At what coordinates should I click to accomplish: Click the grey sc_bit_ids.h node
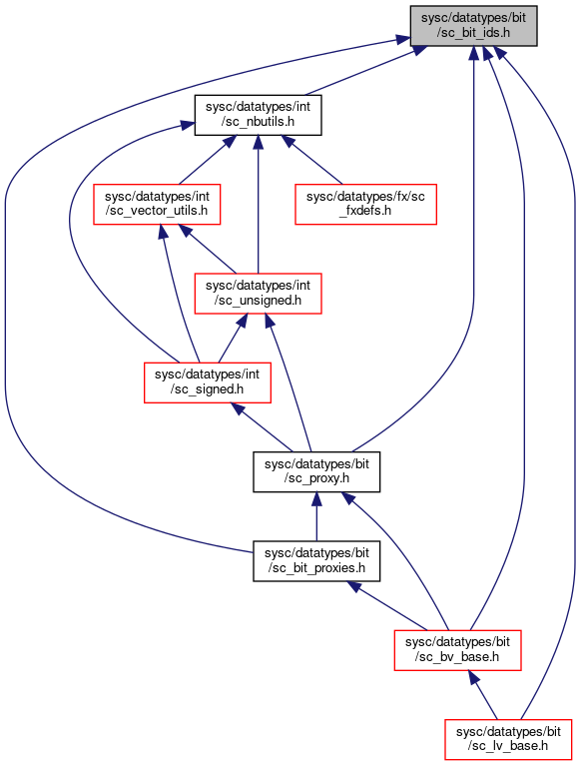(x=473, y=26)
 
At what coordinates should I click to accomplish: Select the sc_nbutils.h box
(x=258, y=115)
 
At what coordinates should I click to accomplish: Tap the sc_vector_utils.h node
(x=157, y=204)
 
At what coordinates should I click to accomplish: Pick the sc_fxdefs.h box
(x=365, y=204)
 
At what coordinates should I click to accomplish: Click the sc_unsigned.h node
(x=258, y=293)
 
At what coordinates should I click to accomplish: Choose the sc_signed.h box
(x=208, y=383)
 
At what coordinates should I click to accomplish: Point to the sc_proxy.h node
(x=316, y=471)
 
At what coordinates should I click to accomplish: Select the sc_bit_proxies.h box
(x=316, y=561)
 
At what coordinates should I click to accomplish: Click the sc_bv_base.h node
(x=458, y=650)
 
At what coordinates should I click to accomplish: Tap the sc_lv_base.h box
(x=508, y=739)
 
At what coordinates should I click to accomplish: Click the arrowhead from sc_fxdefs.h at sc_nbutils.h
(x=290, y=142)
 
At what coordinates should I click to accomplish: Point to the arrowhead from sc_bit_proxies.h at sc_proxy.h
(x=316, y=498)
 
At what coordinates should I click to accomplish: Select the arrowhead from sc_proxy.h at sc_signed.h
(x=238, y=408)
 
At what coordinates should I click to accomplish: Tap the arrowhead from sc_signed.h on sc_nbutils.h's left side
(x=188, y=125)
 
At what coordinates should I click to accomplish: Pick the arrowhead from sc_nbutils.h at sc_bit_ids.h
(x=419, y=49)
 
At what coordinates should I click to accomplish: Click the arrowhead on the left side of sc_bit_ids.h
(x=402, y=40)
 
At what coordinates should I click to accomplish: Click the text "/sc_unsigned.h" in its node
(x=258, y=301)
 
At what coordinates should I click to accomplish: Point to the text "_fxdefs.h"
(x=365, y=211)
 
